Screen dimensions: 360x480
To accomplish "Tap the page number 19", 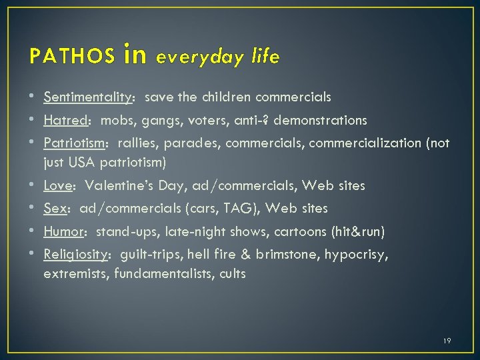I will point(447,341).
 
